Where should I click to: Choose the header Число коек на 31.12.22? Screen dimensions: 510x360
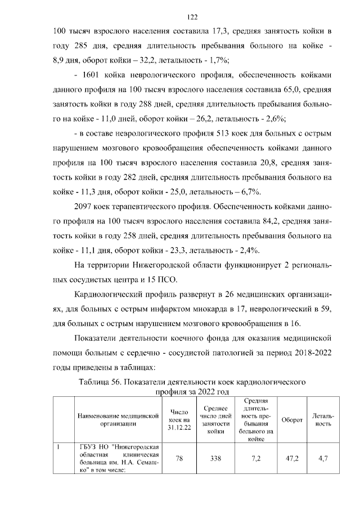179,420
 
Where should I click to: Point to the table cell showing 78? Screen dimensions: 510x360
179,459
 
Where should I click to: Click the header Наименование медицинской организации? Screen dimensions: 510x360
119,420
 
